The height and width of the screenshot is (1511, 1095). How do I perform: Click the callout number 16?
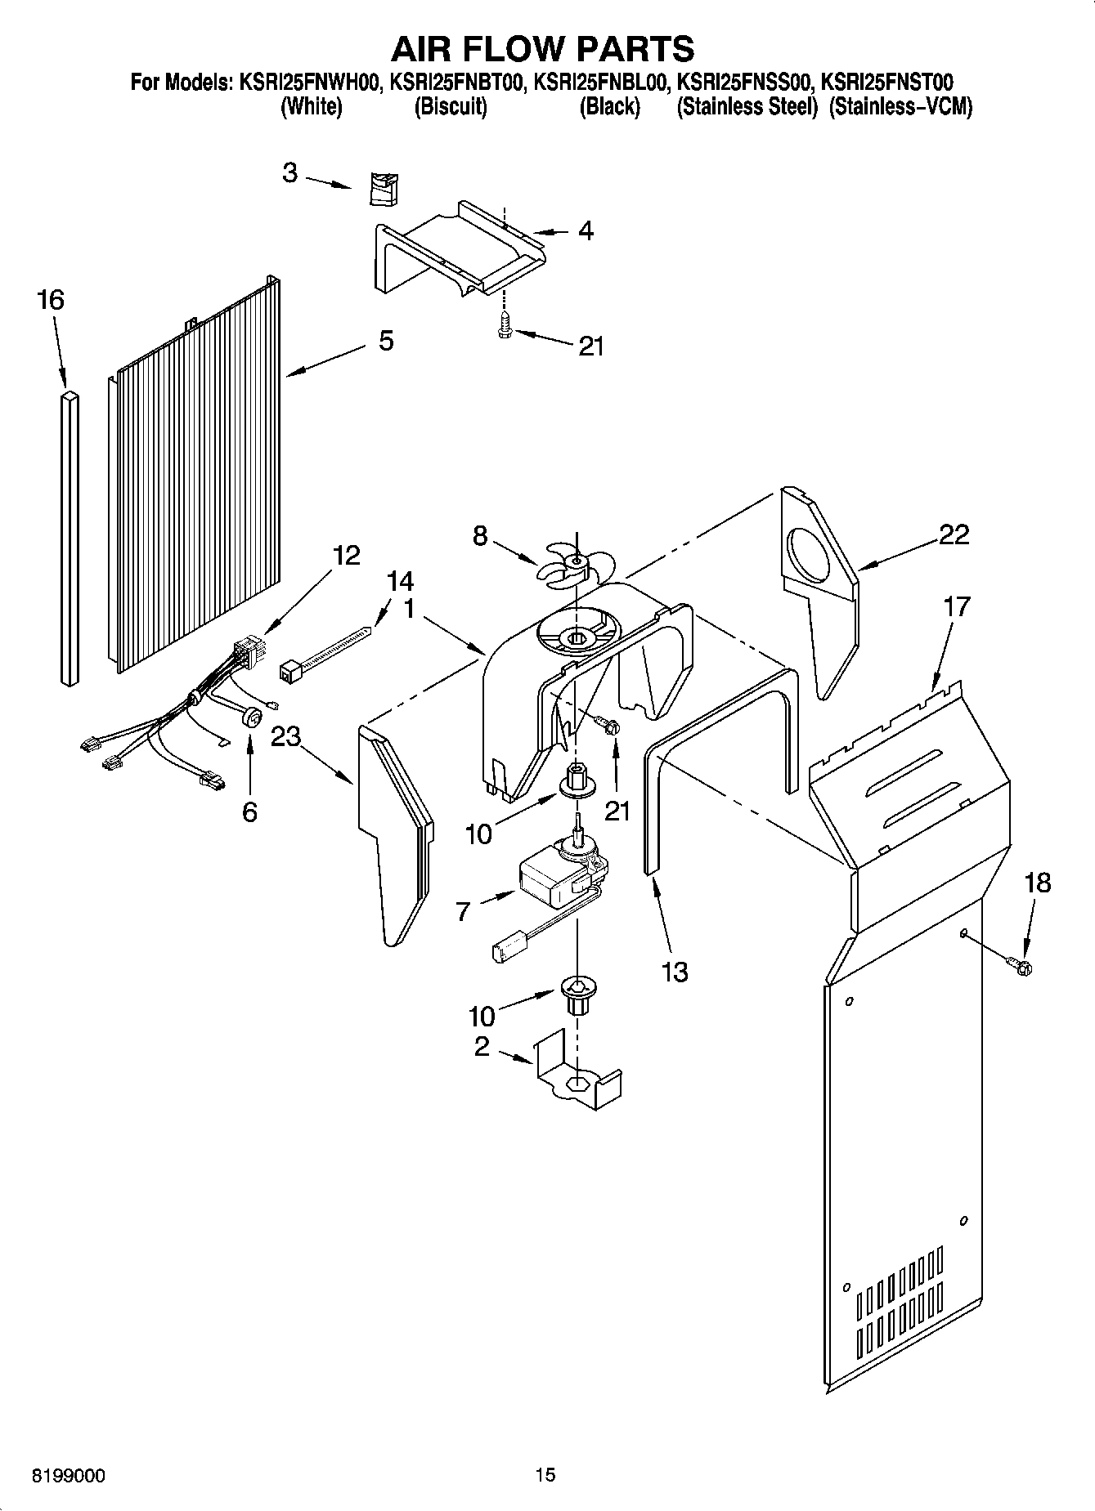coord(51,300)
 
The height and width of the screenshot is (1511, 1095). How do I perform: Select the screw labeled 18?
coord(1021,967)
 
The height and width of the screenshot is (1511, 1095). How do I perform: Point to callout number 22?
coord(954,534)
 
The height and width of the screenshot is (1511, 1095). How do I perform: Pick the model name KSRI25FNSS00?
coord(743,83)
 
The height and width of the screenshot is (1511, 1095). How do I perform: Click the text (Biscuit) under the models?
coord(451,107)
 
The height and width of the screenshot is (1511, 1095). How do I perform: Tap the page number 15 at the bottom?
coord(545,1475)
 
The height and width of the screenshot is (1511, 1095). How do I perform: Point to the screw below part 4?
coord(504,327)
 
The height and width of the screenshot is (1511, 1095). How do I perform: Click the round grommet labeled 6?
coord(253,717)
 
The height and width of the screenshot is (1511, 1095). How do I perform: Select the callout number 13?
coord(675,972)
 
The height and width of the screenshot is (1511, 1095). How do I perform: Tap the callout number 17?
coord(956,606)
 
